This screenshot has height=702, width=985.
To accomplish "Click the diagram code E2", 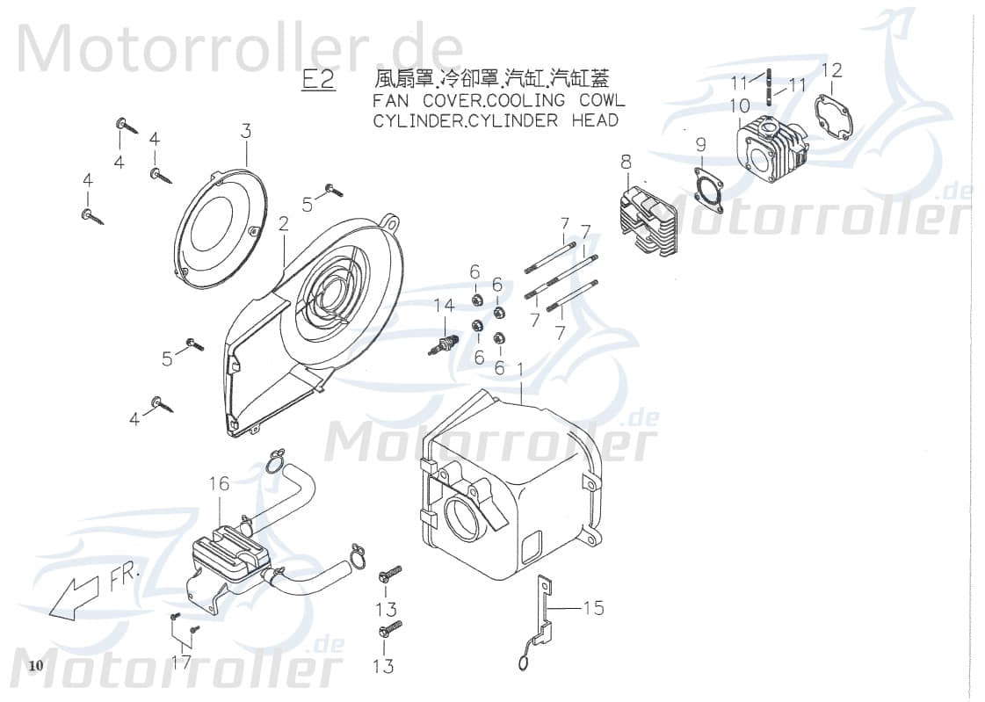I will click(318, 79).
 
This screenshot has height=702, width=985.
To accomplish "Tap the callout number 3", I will click(246, 132).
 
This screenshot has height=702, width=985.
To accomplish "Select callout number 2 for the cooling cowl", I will click(284, 226).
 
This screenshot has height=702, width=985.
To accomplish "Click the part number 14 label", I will click(445, 306).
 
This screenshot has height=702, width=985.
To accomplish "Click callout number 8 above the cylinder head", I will click(626, 162).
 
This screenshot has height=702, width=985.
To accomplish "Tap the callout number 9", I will click(700, 144).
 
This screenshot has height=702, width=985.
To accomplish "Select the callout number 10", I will click(740, 106).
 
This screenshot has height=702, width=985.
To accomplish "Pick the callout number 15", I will click(594, 607).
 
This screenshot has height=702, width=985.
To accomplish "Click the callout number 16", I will click(219, 483).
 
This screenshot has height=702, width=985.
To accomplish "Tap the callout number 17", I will click(181, 662).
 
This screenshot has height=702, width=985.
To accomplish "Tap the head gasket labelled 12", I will click(831, 119).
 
